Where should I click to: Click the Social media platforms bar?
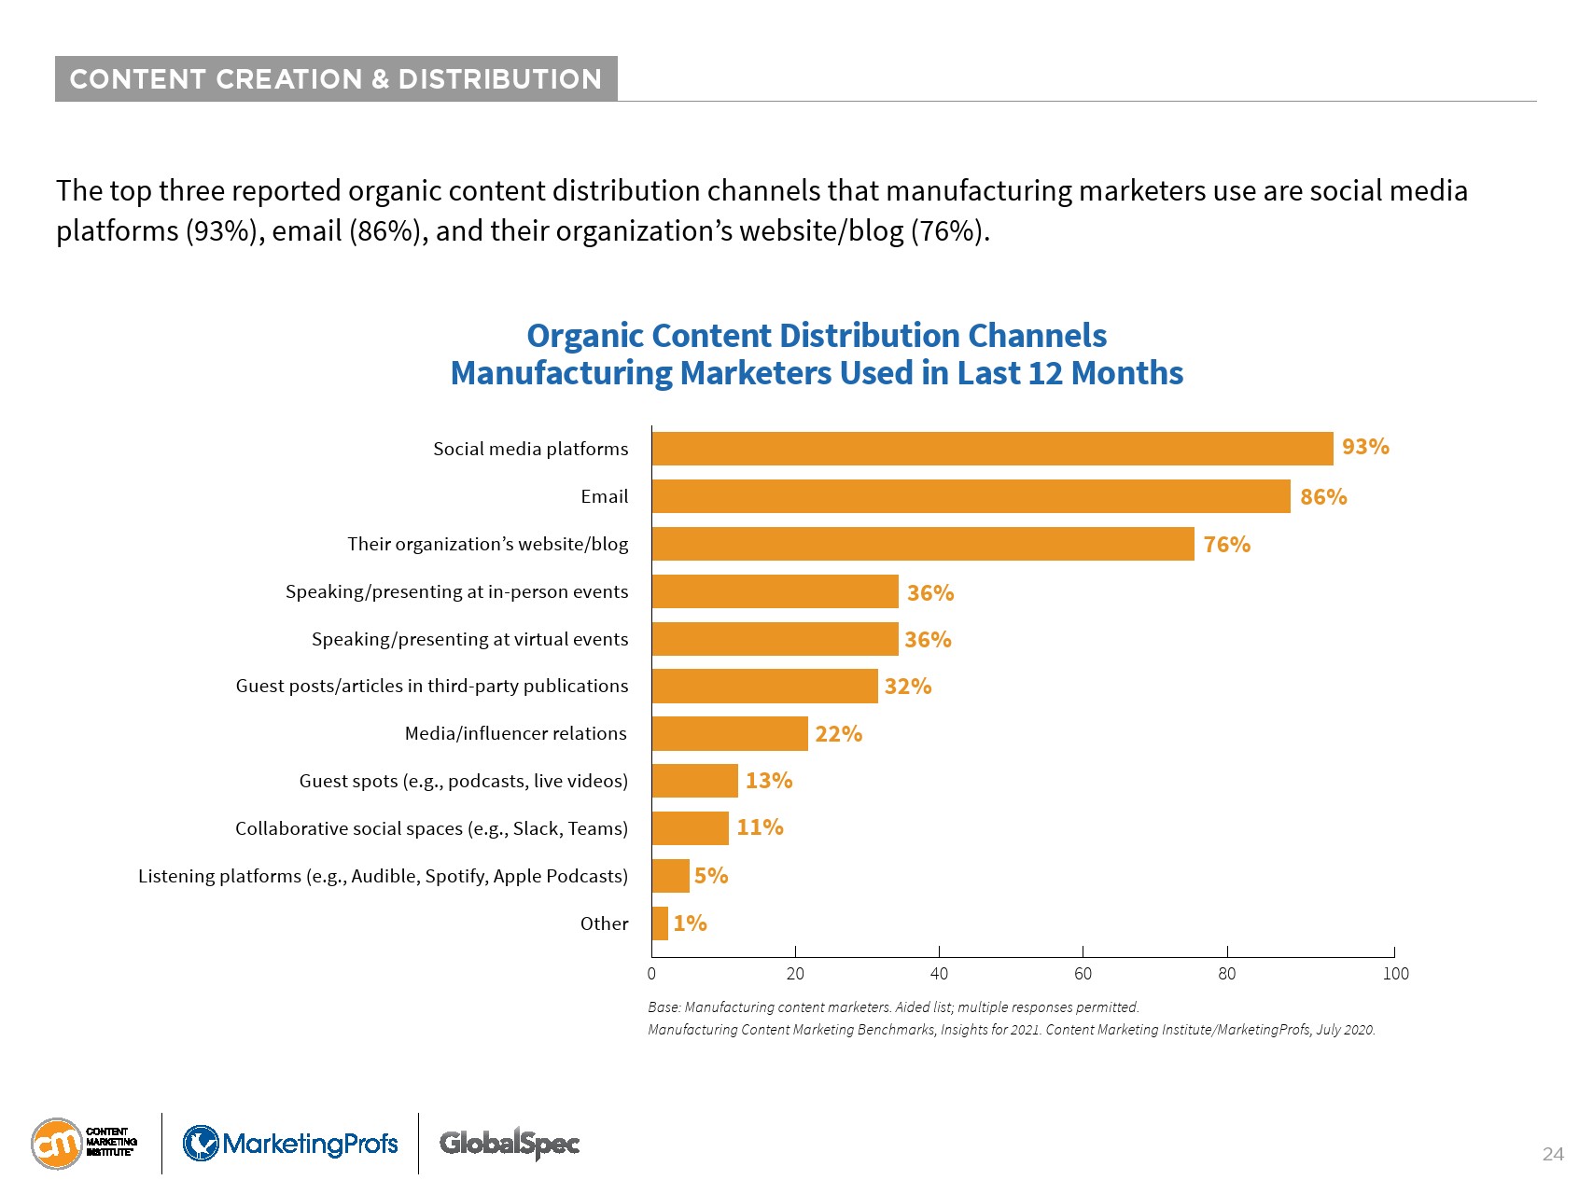tap(992, 449)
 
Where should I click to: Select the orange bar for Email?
tap(971, 496)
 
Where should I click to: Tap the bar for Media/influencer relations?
tap(730, 734)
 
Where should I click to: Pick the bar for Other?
tap(660, 923)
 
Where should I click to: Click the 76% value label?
tap(1226, 545)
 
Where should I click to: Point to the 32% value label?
tap(908, 687)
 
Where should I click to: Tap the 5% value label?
tap(711, 876)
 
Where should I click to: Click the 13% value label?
tap(769, 781)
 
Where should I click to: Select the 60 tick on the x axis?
tap(1083, 974)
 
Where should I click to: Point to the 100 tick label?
tap(1395, 974)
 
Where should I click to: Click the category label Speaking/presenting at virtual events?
tap(469, 639)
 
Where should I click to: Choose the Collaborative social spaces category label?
tap(431, 828)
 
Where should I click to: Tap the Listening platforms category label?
tap(383, 876)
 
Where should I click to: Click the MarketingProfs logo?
tap(290, 1143)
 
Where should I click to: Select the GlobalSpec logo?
tap(510, 1143)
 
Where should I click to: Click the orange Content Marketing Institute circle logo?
tap(57, 1143)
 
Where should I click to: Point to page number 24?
tap(1552, 1154)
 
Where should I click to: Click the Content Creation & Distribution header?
tap(336, 79)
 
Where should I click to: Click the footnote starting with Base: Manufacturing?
tap(893, 1007)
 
